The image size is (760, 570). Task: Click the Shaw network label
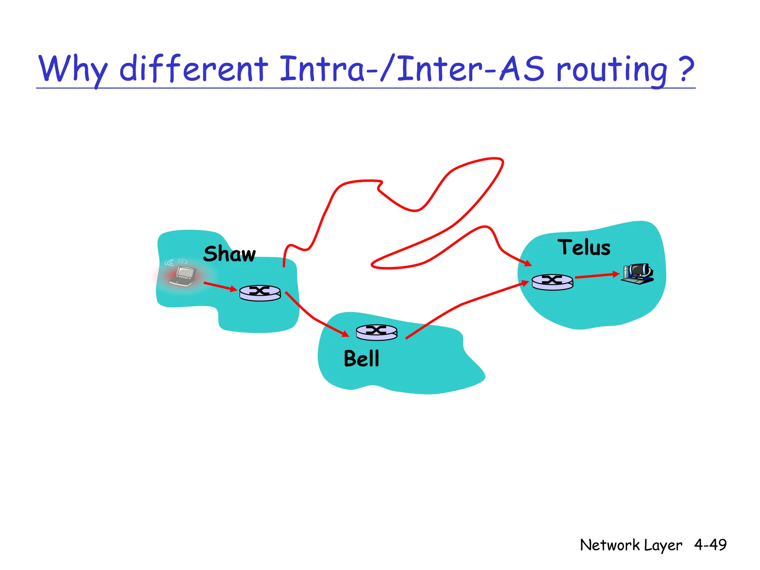pyautogui.click(x=229, y=254)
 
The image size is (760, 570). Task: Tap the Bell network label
pyautogui.click(x=361, y=359)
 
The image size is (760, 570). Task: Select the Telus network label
pyautogui.click(x=584, y=248)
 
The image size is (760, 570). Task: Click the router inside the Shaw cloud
pyautogui.click(x=260, y=293)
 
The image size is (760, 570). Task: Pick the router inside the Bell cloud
pyautogui.click(x=376, y=332)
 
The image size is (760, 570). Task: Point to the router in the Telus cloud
pyautogui.click(x=552, y=282)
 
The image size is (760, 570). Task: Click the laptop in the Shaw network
pyautogui.click(x=183, y=276)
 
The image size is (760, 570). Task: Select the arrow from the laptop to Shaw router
pyautogui.click(x=220, y=286)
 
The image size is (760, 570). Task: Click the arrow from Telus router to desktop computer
pyautogui.click(x=597, y=276)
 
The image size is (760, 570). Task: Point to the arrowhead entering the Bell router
pyautogui.click(x=345, y=334)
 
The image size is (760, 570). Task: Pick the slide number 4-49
pyautogui.click(x=710, y=545)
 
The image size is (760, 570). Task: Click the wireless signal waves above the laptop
pyautogui.click(x=176, y=262)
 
